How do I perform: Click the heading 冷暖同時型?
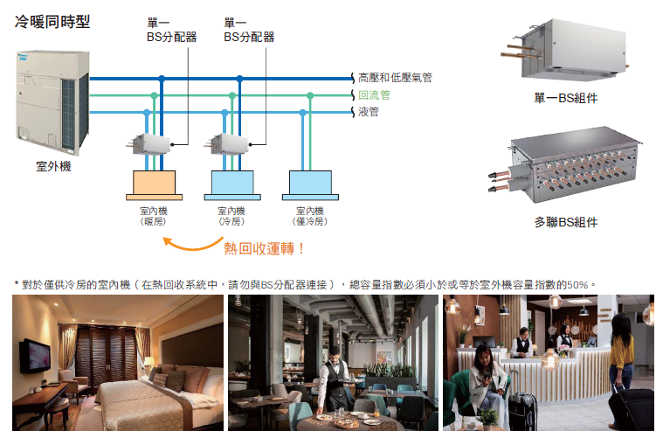coord(52,20)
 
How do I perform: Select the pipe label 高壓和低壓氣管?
coord(395,78)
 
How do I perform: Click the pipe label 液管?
coord(368,112)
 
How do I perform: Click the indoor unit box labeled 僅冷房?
coord(311,183)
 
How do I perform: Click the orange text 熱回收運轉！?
coord(265,248)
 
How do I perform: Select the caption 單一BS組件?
coord(565,98)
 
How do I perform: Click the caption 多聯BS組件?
coord(565,222)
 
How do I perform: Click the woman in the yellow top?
coord(621,358)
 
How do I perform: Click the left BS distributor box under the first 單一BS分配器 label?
coord(152,143)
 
